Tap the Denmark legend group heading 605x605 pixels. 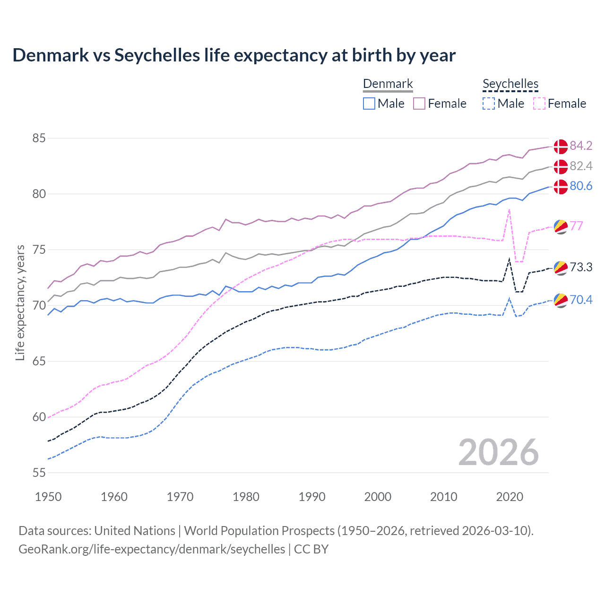coord(388,84)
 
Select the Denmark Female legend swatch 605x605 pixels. coord(419,104)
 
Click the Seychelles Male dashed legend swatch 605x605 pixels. coord(489,104)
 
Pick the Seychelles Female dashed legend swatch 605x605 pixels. coord(539,104)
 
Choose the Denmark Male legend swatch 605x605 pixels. coord(369,104)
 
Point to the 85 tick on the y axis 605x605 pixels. coord(39,138)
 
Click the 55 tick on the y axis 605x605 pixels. coord(39,473)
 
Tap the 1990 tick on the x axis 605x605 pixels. coord(312,497)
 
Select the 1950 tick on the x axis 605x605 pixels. coord(48,497)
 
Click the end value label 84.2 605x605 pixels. coord(581,146)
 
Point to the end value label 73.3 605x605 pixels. coord(581,267)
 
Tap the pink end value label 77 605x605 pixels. coord(577,226)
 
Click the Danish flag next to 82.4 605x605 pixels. coord(561,166)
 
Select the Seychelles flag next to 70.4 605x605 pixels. coord(561,300)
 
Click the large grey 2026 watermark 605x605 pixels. coord(498,452)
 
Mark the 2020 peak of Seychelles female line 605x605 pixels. coord(509,209)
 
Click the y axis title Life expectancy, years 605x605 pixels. coord(20,302)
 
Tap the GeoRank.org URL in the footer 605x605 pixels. coord(152,549)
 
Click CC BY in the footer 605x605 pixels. coord(311,549)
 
